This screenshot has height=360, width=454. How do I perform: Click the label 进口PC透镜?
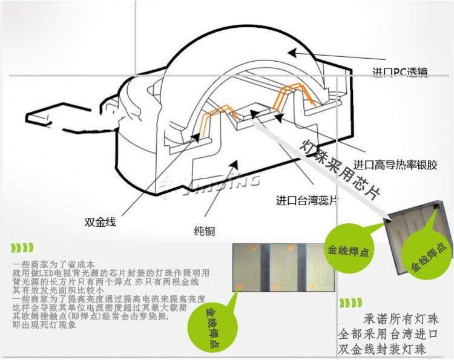(x=400, y=73)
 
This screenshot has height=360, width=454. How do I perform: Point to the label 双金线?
(x=100, y=221)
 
